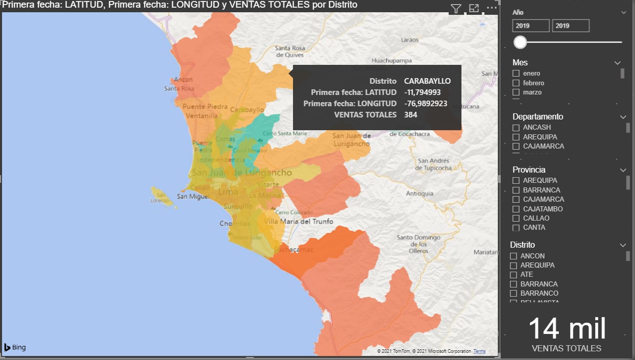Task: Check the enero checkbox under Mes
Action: (516, 74)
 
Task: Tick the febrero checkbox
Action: (516, 83)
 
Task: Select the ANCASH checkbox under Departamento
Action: (516, 128)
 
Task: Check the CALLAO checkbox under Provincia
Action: (516, 219)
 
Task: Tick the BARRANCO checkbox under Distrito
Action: (514, 294)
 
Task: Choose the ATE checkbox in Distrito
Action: (514, 275)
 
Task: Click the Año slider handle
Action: (520, 42)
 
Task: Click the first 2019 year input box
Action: (531, 26)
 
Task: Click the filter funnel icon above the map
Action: (456, 9)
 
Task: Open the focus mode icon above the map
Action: (474, 9)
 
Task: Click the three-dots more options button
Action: (492, 8)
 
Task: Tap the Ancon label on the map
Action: (183, 80)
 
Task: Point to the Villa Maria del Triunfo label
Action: (300, 222)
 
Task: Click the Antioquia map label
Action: (420, 194)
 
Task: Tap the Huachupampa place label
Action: (392, 60)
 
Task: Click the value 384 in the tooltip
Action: (410, 114)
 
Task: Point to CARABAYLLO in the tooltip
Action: (427, 81)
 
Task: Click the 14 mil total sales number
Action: (567, 328)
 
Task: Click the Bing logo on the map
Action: (15, 348)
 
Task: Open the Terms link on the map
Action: (479, 351)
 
